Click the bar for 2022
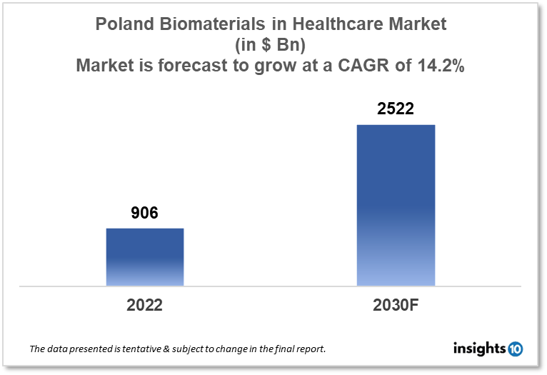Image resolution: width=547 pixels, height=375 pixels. point(145,257)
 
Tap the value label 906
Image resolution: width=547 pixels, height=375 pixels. point(145,213)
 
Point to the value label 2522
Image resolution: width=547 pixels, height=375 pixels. point(396,109)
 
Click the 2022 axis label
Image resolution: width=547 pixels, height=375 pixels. point(145,305)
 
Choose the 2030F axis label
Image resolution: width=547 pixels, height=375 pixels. point(396,305)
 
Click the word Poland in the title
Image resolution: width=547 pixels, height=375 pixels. point(122,24)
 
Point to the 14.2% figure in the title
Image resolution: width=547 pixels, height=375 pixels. point(439,66)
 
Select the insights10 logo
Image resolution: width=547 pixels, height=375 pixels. point(488,349)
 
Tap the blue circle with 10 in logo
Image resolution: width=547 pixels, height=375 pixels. point(515,349)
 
